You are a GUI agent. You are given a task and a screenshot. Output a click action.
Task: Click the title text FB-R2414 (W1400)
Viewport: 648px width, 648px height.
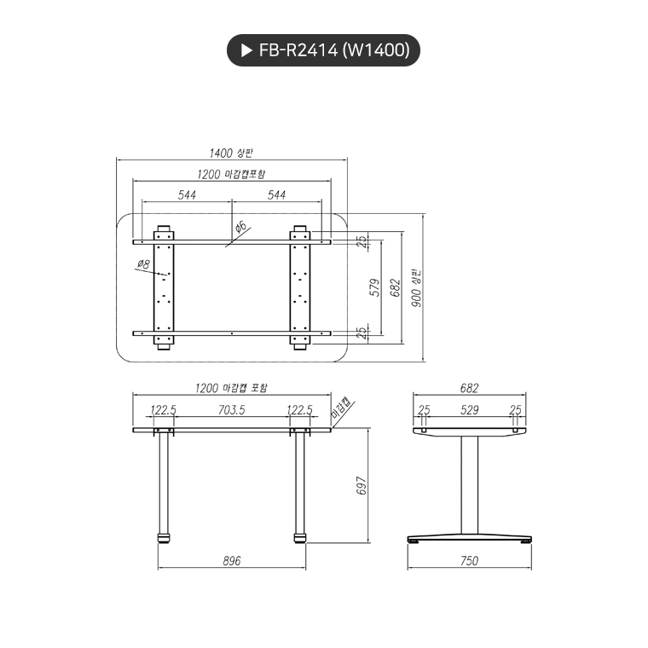point(334,51)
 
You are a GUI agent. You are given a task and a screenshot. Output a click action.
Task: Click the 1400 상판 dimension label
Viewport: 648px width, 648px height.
point(231,153)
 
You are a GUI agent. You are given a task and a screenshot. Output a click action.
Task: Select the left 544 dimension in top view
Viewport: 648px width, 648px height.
point(187,195)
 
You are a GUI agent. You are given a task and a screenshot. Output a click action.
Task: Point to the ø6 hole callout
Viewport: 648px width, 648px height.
point(240,226)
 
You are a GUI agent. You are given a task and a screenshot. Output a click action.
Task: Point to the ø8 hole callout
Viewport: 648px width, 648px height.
point(142,265)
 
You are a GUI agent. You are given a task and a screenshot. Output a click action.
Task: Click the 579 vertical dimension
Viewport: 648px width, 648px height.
point(374,287)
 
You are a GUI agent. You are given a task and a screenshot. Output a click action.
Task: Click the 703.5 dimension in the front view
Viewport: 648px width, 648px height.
point(231,410)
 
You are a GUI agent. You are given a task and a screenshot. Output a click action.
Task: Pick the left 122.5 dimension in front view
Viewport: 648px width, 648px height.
point(163,410)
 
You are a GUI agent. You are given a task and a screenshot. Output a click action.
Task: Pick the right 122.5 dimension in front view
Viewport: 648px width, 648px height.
point(299,410)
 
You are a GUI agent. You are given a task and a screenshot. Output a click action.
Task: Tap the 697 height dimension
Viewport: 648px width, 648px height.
point(362,486)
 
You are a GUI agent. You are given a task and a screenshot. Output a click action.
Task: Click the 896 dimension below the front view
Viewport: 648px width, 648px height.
point(231,561)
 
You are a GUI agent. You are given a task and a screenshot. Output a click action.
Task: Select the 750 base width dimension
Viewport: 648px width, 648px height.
point(469,561)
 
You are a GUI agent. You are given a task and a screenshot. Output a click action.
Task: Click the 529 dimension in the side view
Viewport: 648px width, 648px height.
point(470,410)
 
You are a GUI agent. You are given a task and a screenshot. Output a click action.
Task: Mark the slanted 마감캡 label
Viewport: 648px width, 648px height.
point(342,409)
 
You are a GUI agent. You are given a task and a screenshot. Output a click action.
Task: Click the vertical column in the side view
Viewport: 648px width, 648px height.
point(469,486)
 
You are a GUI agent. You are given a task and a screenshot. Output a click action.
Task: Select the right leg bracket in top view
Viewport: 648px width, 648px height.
point(300,287)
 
